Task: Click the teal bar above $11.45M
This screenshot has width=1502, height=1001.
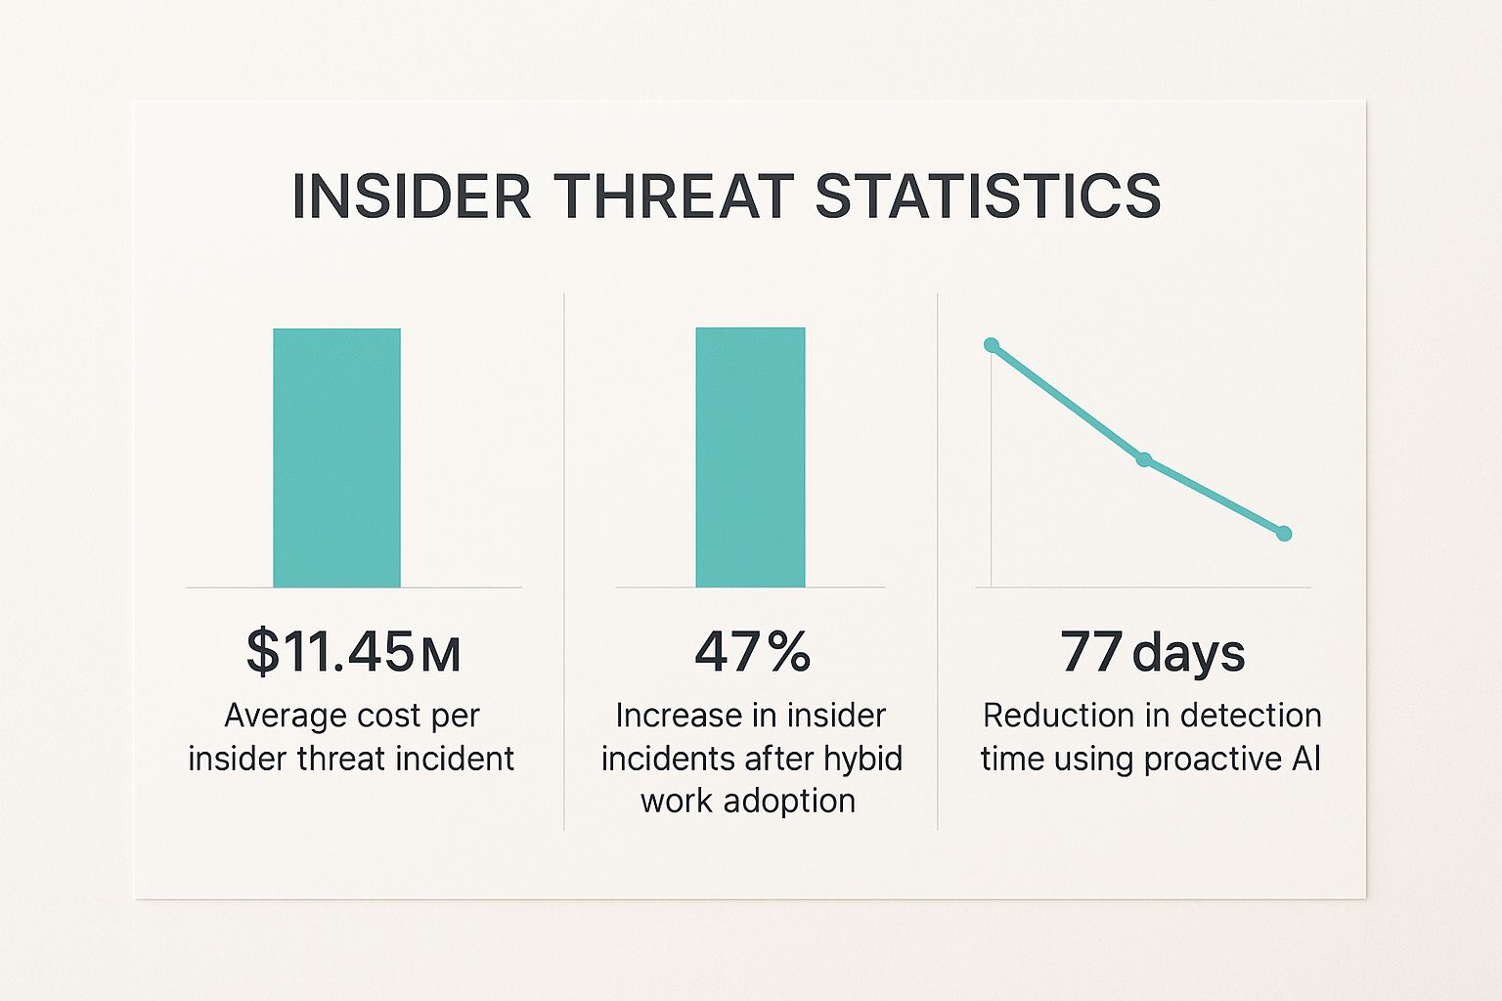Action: (x=336, y=457)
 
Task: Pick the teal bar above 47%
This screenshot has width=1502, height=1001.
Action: (x=750, y=457)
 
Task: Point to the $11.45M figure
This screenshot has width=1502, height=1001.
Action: (x=353, y=652)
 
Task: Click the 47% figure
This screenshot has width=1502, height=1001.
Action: (x=752, y=652)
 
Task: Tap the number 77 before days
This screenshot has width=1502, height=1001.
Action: (x=1090, y=652)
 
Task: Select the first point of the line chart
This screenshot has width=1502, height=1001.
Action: (x=992, y=345)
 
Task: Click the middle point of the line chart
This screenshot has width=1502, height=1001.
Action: (x=1144, y=459)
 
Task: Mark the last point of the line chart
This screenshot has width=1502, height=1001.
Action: (x=1284, y=534)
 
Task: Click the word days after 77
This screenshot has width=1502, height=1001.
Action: (x=1188, y=652)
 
